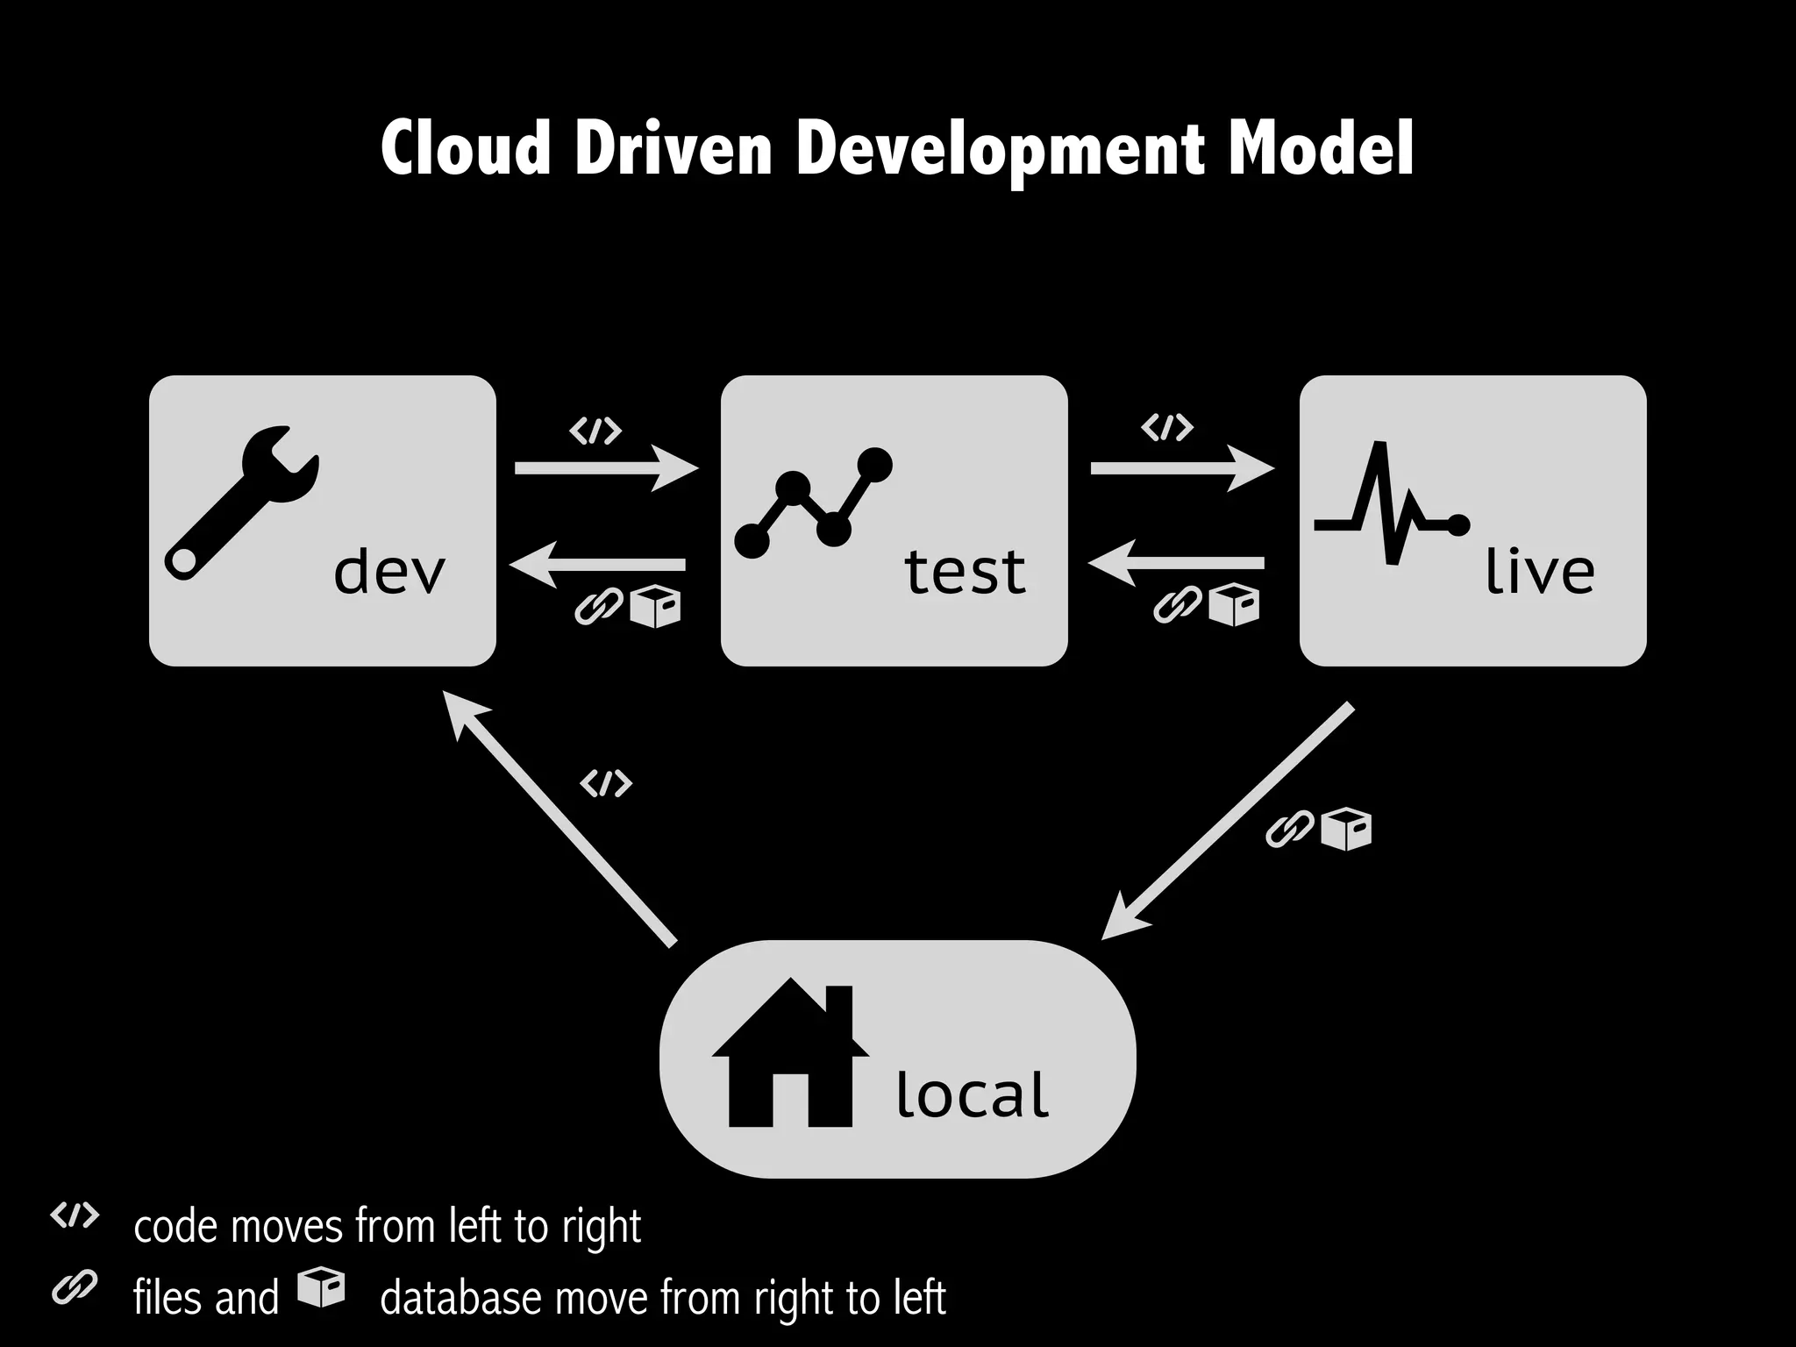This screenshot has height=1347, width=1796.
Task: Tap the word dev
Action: [x=389, y=572]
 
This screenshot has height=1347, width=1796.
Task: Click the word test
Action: [x=965, y=572]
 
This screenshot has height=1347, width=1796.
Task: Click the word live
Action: [x=1539, y=572]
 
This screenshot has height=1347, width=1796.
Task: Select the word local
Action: [x=972, y=1095]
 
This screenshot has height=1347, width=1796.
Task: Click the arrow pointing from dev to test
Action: [x=605, y=467]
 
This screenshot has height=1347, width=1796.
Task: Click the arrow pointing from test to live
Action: [x=1180, y=467]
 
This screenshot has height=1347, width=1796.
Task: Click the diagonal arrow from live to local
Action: [x=1228, y=821]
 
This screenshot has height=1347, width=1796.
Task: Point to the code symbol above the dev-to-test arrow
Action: [x=595, y=431]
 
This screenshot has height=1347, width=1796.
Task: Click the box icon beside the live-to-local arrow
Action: [x=1346, y=830]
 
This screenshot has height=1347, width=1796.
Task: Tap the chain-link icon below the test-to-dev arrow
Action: [x=598, y=606]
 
